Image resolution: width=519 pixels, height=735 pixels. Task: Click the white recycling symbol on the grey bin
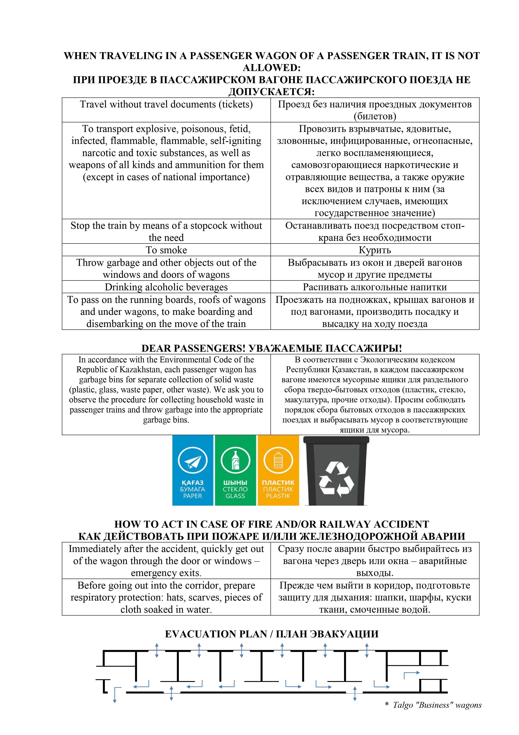(336, 479)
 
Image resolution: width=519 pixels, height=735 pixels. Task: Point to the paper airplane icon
(192, 461)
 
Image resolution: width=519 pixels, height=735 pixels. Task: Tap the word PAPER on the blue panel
(192, 496)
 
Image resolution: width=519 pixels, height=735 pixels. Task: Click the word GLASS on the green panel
(235, 496)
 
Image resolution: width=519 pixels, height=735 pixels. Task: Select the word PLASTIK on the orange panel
(278, 496)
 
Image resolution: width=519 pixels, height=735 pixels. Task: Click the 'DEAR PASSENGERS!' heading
(194, 348)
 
